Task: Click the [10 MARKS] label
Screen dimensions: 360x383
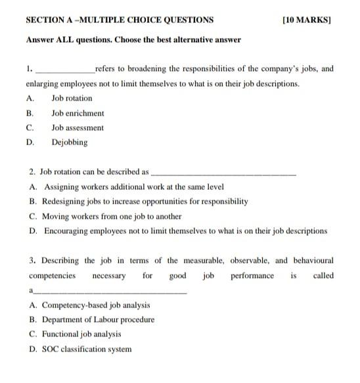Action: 305,20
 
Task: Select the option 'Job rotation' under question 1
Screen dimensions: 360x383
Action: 72,98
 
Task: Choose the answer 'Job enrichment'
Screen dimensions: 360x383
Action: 78,113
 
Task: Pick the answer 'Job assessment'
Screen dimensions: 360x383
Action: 78,127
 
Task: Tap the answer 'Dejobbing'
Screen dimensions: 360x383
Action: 69,142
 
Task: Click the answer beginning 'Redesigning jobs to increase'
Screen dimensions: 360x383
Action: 145,202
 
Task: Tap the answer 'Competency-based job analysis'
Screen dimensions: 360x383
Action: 96,305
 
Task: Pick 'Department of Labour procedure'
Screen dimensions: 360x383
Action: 98,320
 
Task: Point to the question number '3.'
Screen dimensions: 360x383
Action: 32,260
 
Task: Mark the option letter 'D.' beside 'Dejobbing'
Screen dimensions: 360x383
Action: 30,142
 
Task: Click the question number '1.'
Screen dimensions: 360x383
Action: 30,68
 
